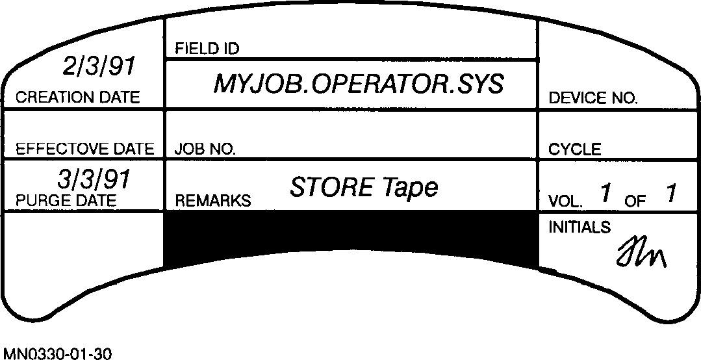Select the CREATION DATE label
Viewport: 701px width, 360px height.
(77, 98)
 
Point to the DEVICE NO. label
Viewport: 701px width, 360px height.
(593, 99)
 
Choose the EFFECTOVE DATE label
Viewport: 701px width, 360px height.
(84, 149)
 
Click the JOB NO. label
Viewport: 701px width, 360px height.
(205, 149)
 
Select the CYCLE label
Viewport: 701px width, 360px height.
(574, 149)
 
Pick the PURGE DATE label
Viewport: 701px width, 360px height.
(66, 200)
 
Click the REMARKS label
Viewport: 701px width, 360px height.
(212, 201)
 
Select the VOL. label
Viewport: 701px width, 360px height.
(565, 201)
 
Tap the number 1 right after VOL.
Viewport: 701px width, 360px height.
(605, 193)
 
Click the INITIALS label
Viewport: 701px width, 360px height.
(580, 227)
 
